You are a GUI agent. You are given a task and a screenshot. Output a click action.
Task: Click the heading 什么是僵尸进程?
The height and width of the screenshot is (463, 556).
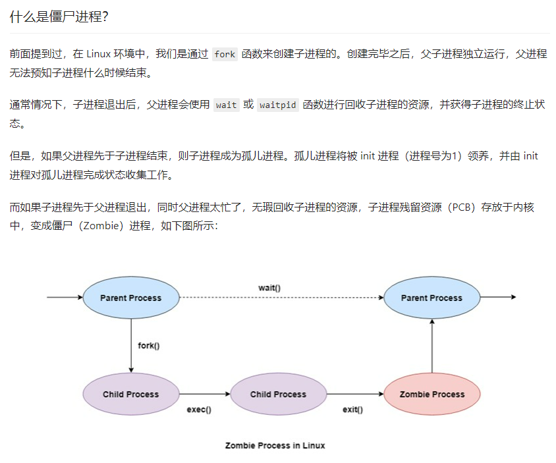(59, 16)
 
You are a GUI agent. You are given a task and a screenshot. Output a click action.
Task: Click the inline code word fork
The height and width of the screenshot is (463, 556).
(225, 55)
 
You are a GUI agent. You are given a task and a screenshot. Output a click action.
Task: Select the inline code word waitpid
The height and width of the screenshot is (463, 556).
(277, 105)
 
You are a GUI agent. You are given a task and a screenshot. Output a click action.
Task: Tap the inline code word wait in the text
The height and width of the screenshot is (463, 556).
(227, 105)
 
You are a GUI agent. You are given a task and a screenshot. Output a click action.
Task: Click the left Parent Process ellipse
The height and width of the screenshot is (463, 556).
(131, 298)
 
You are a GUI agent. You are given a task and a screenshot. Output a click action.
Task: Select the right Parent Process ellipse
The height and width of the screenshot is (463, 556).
(432, 298)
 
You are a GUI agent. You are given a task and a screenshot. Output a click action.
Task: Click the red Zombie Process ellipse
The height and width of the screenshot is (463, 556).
(432, 395)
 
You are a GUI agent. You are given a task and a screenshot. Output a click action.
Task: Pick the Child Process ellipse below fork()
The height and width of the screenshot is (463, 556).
(131, 395)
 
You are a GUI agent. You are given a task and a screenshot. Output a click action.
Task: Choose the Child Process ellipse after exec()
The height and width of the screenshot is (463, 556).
(278, 395)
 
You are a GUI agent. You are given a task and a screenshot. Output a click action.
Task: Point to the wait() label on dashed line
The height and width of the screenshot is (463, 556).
(269, 288)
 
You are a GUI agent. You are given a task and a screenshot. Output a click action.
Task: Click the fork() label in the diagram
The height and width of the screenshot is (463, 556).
(149, 346)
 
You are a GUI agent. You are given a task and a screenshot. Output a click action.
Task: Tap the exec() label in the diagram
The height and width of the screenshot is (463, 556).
(199, 410)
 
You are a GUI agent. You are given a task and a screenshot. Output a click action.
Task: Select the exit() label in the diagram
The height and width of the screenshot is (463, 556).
(352, 410)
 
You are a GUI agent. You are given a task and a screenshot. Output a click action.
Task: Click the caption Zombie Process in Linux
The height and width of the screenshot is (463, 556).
(275, 445)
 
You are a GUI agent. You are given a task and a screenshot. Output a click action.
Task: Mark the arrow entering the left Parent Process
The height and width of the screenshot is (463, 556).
(65, 298)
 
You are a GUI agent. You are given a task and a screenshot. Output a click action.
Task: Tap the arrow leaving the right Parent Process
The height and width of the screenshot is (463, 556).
(499, 298)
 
